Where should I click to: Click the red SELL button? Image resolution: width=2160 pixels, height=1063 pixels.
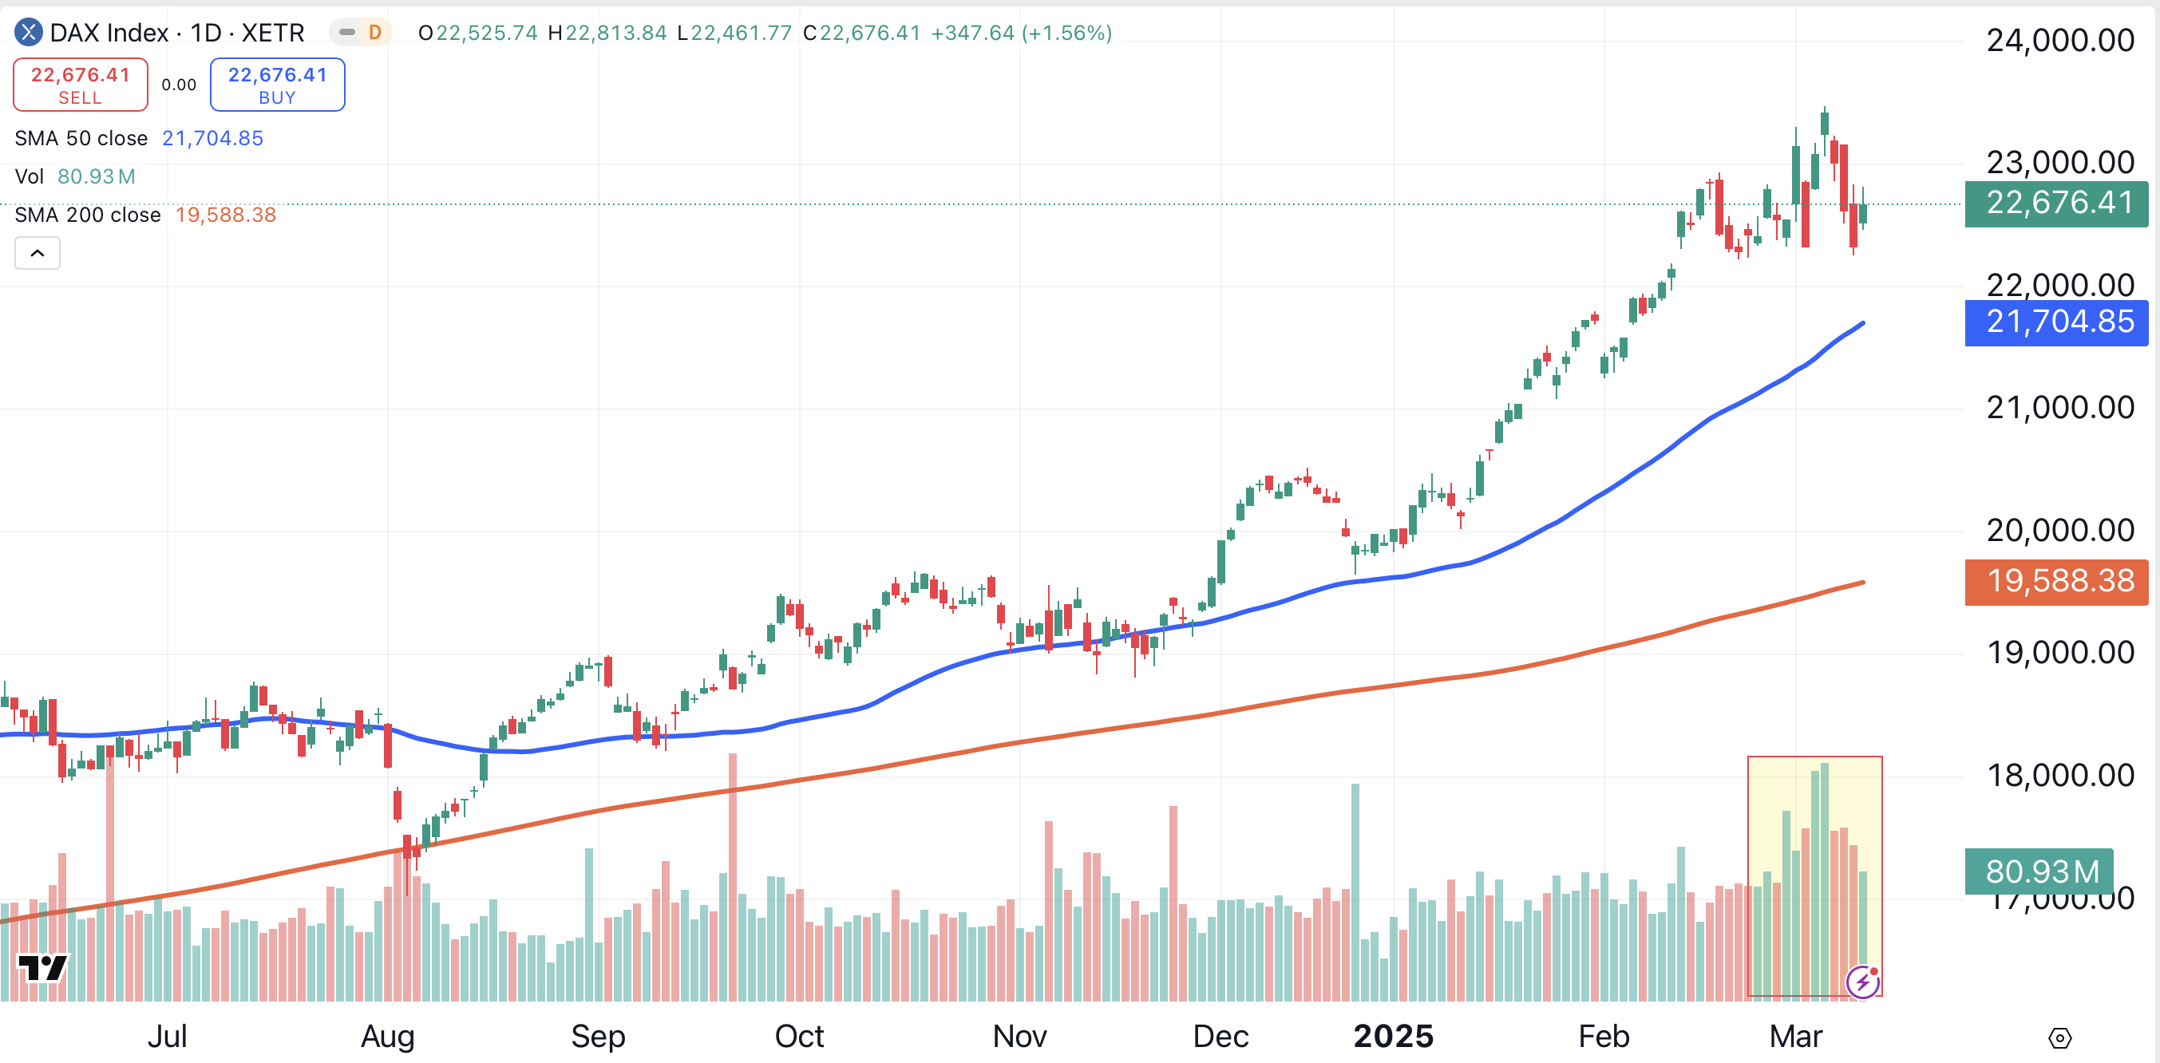click(x=81, y=85)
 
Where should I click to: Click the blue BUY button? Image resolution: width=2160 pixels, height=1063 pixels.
click(x=277, y=85)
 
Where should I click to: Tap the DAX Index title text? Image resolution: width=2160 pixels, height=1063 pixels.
click(x=177, y=33)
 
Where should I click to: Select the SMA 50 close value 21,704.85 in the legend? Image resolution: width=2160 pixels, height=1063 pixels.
click(x=212, y=138)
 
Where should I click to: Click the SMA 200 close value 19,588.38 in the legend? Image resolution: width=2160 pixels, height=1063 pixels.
click(x=226, y=215)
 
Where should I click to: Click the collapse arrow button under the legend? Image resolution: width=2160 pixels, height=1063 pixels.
click(x=38, y=253)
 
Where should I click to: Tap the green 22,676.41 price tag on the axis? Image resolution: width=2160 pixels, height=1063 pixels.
click(x=2056, y=204)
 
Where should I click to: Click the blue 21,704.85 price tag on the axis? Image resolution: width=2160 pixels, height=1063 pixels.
click(x=2056, y=322)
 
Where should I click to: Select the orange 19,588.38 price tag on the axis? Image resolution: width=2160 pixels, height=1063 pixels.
click(x=2056, y=581)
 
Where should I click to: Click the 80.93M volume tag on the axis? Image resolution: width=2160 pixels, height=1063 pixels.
click(x=2039, y=871)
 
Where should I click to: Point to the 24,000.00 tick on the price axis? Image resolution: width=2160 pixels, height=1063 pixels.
click(x=2059, y=40)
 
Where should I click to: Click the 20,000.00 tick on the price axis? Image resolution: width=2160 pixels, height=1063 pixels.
click(x=2059, y=531)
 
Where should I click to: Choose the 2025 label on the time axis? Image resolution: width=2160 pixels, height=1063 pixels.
click(x=1393, y=1037)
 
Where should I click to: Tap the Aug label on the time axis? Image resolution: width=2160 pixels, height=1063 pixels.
click(x=387, y=1037)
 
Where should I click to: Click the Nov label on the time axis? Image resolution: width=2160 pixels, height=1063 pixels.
click(x=1019, y=1037)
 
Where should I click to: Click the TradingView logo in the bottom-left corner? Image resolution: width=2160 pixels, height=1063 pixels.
click(x=43, y=968)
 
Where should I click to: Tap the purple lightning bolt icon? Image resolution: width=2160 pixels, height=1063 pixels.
click(x=1862, y=982)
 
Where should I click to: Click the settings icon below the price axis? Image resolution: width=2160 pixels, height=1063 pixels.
click(x=2059, y=1039)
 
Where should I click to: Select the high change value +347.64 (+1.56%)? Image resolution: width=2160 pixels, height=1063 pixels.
click(x=1021, y=33)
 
